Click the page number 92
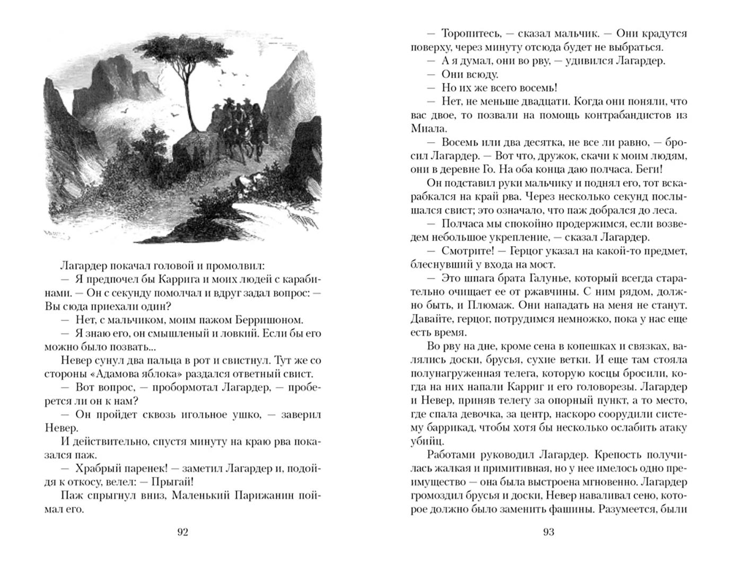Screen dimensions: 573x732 [x=182, y=532]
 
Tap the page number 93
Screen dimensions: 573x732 [x=549, y=532]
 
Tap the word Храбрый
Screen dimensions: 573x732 [x=98, y=469]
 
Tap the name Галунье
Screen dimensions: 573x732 [x=556, y=279]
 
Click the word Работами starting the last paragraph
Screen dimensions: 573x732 [x=453, y=455]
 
